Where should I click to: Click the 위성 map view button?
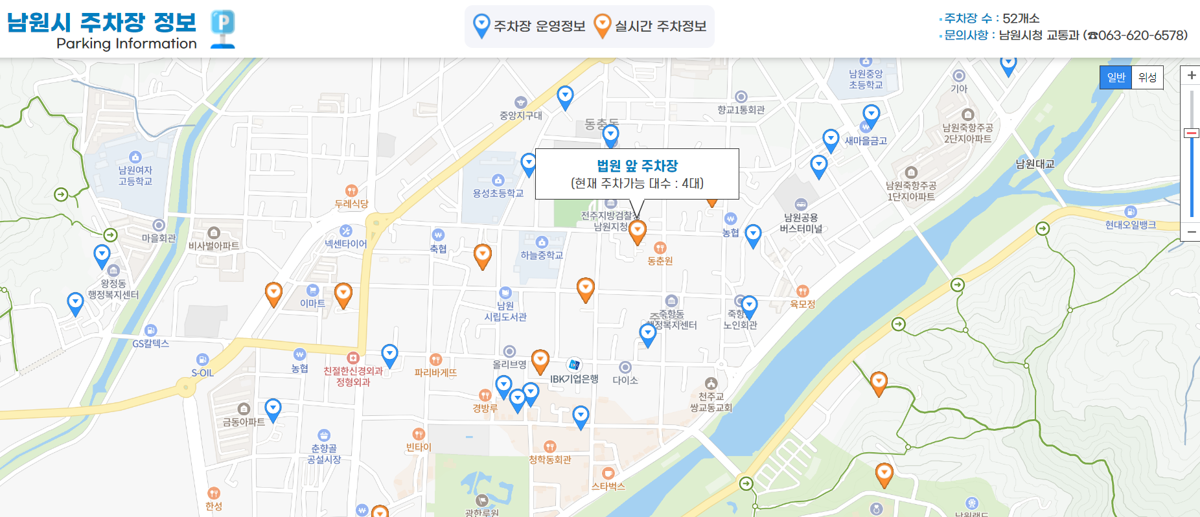pos(1148,78)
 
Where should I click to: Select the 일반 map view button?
pos(1116,78)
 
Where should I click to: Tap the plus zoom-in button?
pos(1191,76)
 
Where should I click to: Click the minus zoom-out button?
pos(1191,232)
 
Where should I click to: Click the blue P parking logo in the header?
pos(223,29)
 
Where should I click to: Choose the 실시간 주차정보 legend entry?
pos(651,27)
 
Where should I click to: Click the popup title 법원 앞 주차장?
pos(637,166)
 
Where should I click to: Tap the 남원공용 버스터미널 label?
pos(801,223)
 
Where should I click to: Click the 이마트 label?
pos(312,303)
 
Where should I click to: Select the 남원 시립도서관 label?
pos(505,311)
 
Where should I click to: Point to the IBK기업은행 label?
pos(574,379)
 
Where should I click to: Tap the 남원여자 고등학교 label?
pos(135,176)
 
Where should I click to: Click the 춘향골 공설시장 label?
pos(324,454)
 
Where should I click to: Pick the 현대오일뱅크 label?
pos(1130,225)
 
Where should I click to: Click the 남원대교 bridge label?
pos(1035,164)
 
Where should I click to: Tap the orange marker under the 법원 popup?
pos(638,231)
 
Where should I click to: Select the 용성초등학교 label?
pos(498,193)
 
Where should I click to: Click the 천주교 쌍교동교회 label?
pos(711,402)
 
